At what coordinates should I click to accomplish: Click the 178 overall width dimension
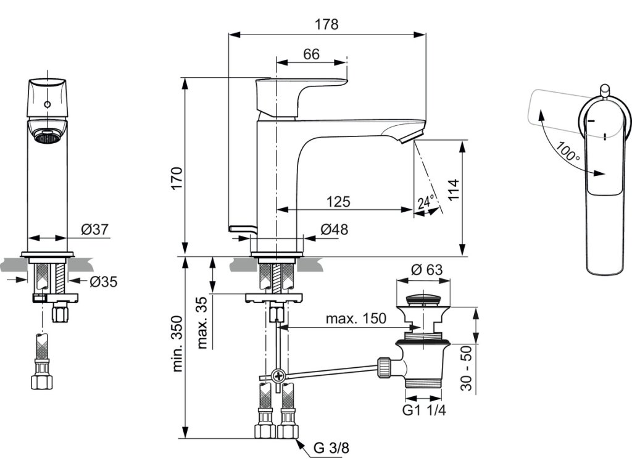tap(326, 25)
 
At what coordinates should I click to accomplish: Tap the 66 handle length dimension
tap(311, 54)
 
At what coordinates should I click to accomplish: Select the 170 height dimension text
tap(177, 178)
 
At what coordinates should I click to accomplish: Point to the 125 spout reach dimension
tap(338, 202)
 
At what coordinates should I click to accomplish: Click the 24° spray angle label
tap(426, 201)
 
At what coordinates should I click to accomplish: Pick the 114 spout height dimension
tap(453, 190)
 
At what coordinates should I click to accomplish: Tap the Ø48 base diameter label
tap(334, 230)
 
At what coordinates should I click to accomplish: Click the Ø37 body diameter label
tap(94, 230)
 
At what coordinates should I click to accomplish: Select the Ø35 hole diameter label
tap(104, 281)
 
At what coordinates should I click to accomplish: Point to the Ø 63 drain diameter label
tap(426, 269)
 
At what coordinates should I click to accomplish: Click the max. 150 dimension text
tap(356, 318)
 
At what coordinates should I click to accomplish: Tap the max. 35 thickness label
tap(202, 322)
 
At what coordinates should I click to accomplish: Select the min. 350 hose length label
tap(177, 343)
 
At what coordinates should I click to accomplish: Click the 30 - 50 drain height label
tap(467, 368)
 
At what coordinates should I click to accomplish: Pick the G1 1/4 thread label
tap(424, 410)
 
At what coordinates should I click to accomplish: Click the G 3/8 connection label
tap(331, 448)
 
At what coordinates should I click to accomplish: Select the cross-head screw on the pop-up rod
tap(279, 376)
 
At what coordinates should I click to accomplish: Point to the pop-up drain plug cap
tap(423, 299)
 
